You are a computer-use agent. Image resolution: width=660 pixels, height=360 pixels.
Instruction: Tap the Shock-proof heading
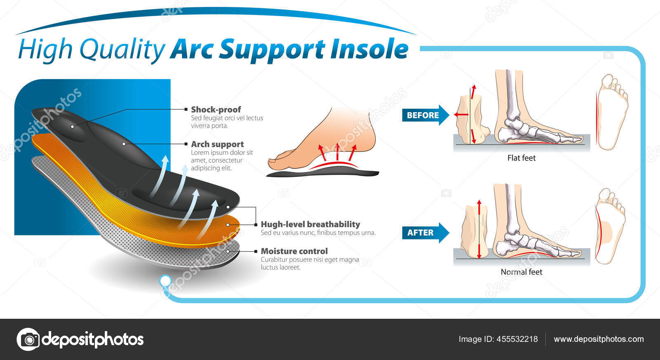(x=216, y=109)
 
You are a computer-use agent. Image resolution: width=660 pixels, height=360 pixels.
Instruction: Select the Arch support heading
(x=217, y=144)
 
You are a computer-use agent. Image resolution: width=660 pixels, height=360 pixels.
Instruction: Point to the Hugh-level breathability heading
(x=310, y=224)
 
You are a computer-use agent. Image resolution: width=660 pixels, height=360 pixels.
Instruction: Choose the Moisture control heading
(x=294, y=251)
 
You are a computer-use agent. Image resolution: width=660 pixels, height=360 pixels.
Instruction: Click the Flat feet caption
(x=521, y=158)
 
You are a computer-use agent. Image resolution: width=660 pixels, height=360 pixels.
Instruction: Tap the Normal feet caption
(x=521, y=272)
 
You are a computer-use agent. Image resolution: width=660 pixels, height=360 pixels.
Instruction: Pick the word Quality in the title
(x=122, y=49)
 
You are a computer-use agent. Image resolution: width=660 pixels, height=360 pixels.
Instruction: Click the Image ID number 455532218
(x=517, y=339)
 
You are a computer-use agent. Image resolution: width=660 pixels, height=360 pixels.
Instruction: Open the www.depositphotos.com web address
(x=599, y=339)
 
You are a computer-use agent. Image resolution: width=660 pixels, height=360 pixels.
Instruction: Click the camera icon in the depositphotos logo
(x=28, y=339)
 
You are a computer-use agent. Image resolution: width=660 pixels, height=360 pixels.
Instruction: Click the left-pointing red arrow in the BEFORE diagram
(x=461, y=114)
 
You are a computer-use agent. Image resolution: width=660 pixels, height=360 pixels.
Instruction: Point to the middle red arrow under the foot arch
(x=337, y=151)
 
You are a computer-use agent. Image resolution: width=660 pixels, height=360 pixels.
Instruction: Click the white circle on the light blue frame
(x=165, y=281)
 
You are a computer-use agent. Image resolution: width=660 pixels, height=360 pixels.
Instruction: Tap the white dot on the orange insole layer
(x=228, y=225)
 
